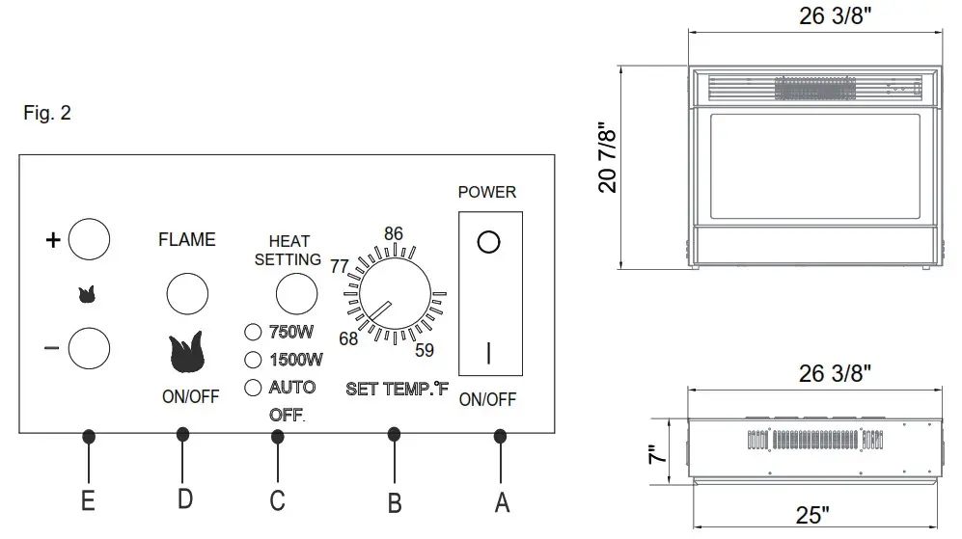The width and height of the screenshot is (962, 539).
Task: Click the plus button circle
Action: pyautogui.click(x=88, y=240)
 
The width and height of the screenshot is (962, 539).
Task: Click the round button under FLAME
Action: pyautogui.click(x=187, y=294)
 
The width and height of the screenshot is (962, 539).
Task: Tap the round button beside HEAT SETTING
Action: pyautogui.click(x=295, y=294)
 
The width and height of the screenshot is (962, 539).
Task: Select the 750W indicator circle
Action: pyautogui.click(x=254, y=334)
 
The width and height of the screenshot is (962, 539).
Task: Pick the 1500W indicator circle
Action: pyautogui.click(x=254, y=361)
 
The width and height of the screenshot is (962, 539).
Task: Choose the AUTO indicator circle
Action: pyautogui.click(x=254, y=388)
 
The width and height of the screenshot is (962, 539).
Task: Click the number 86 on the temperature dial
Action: pyautogui.click(x=394, y=234)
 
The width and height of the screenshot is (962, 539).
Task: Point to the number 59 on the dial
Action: pyautogui.click(x=425, y=349)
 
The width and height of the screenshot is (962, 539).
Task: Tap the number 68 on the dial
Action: pyautogui.click(x=348, y=338)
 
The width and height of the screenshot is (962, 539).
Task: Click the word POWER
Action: pyautogui.click(x=487, y=192)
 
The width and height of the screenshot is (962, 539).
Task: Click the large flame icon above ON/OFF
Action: pyautogui.click(x=187, y=353)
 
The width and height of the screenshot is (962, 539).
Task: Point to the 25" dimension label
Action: pyautogui.click(x=812, y=516)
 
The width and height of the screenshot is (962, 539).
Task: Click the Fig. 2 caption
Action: pyautogui.click(x=47, y=114)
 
